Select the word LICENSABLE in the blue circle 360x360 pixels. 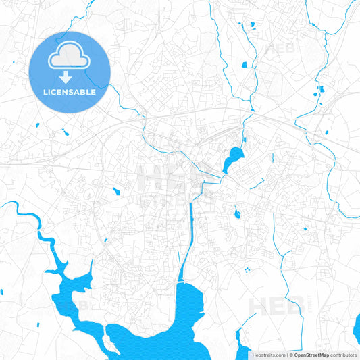69,91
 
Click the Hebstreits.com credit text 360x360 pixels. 268,355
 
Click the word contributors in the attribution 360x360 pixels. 343,355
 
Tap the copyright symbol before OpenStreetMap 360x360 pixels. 290,355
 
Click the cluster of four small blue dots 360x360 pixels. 247,270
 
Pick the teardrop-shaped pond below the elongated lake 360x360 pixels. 237,215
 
